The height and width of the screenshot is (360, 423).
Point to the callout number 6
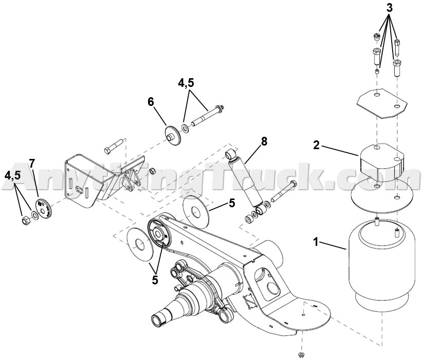click(151, 102)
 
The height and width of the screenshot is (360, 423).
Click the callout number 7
click(32, 164)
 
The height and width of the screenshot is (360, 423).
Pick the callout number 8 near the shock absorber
click(264, 142)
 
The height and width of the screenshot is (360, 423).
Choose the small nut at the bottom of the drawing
click(301, 355)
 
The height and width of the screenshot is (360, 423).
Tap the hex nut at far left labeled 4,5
click(24, 221)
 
